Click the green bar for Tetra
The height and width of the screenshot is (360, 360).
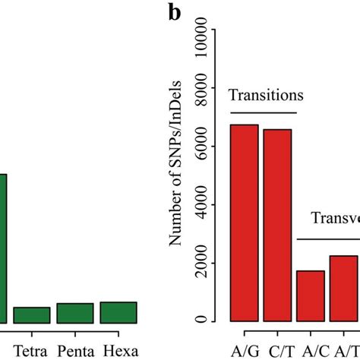coord(31,315)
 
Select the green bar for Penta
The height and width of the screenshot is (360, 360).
coord(74,313)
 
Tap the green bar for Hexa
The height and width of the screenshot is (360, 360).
coord(118,312)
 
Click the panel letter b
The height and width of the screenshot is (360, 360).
coord(175,13)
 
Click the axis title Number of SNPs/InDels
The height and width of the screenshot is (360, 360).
coord(177,175)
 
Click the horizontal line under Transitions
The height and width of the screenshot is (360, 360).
coord(263,112)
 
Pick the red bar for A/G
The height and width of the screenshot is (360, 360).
coord(245,223)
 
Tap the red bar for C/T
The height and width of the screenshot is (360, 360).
coord(277,225)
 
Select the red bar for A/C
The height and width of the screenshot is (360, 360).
coord(311,295)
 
